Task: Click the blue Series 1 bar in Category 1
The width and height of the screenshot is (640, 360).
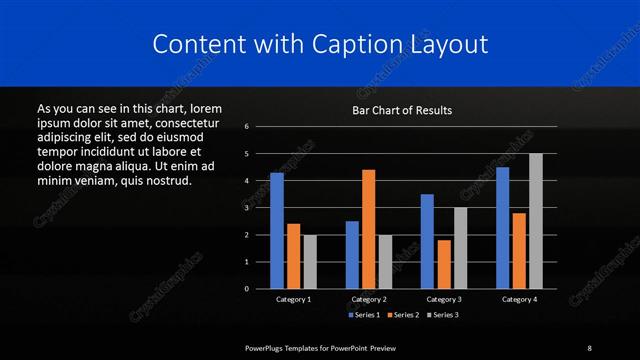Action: point(277,231)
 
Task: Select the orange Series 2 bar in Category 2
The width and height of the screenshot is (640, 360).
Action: point(369,229)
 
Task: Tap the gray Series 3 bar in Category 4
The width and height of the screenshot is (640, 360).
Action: point(536,221)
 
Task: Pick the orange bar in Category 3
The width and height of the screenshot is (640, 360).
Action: point(444,264)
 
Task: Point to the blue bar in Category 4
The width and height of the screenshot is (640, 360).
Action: point(503,228)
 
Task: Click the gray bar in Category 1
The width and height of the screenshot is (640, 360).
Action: point(310,261)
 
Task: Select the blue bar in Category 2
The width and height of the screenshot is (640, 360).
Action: point(352,254)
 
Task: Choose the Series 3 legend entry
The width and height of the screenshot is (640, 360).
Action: point(443,315)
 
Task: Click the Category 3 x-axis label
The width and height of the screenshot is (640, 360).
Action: point(444,299)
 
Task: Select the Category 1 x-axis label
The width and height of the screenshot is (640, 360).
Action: point(293,299)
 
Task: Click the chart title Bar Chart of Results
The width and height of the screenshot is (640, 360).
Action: point(403,110)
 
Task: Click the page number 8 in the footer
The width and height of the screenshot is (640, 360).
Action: point(589,347)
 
